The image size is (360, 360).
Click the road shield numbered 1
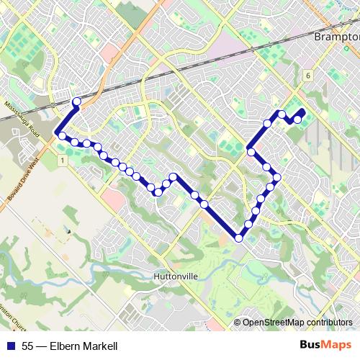pos(63,159)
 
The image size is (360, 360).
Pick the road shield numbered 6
pos(307,75)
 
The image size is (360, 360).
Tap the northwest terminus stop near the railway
pos(77,102)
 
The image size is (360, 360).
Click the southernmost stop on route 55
pos(239,238)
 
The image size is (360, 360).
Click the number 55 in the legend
pos(27,347)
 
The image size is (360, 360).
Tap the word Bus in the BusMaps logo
pos(310,346)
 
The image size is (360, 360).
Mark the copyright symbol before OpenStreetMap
pos(238,322)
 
